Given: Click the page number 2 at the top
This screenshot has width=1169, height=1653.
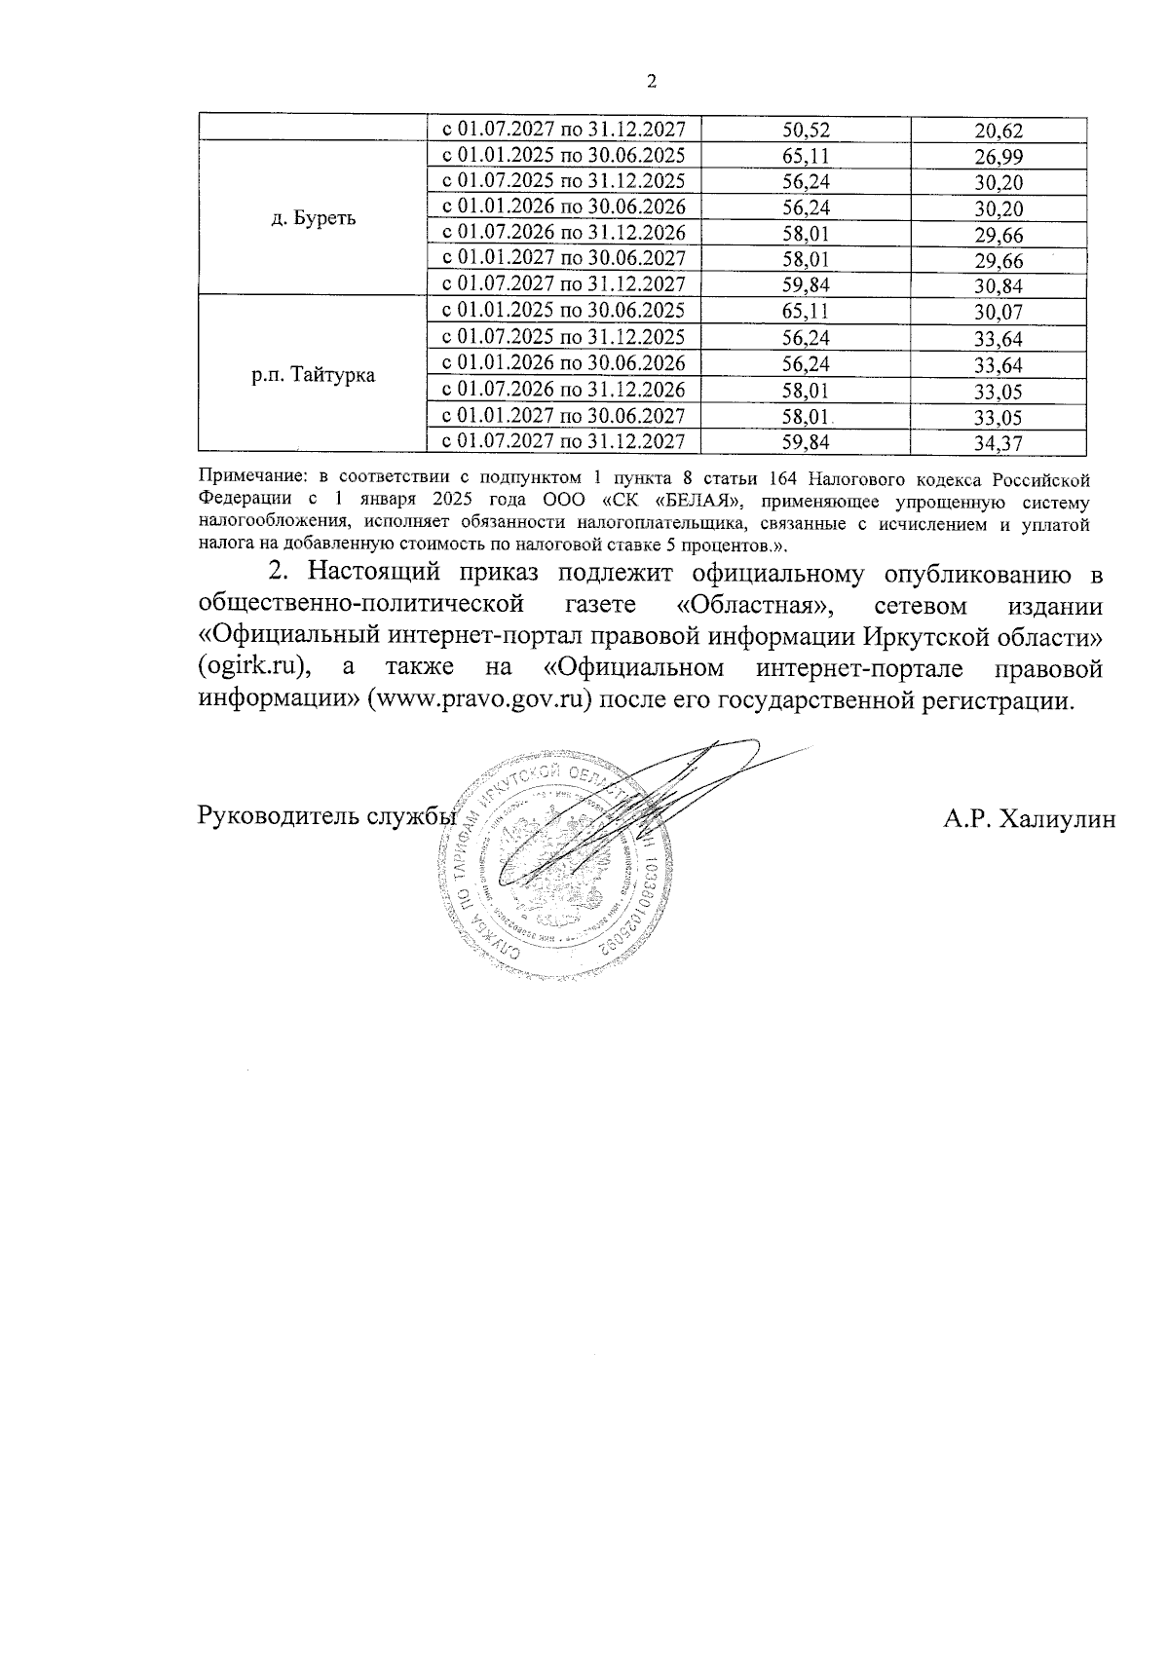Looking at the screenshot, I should tap(652, 82).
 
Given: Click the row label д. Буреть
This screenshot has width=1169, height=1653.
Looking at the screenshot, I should tap(313, 218).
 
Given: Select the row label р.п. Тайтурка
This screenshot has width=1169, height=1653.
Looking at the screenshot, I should tap(313, 375).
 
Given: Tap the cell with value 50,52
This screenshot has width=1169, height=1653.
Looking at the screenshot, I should tap(806, 130).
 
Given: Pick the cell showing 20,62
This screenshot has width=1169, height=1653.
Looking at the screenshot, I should tap(999, 131).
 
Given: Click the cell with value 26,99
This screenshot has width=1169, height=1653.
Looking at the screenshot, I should tap(999, 157).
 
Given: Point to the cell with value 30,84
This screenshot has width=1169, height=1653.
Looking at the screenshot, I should tap(999, 286).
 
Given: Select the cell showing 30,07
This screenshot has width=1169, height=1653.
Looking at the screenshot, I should tap(999, 313).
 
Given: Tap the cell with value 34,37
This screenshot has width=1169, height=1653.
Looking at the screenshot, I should tap(999, 443).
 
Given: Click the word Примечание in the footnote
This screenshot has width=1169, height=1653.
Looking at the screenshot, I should tap(249, 479).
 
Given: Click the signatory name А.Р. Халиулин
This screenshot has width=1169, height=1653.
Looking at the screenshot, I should tap(1029, 819).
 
